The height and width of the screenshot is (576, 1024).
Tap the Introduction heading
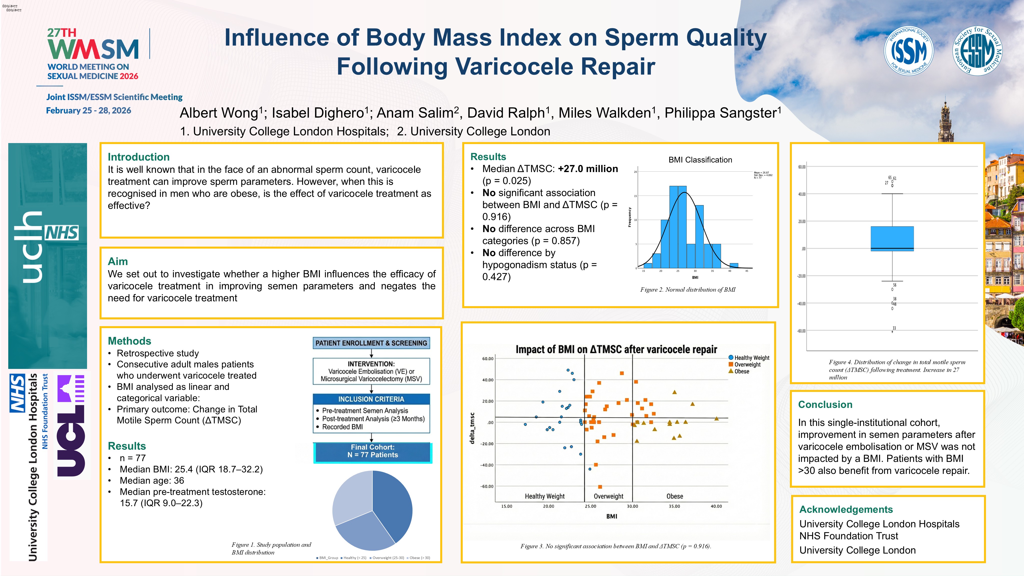[138, 157]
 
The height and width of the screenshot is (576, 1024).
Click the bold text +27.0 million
[588, 169]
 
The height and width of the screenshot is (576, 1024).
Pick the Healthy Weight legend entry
[751, 358]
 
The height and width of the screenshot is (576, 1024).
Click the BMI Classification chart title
[700, 160]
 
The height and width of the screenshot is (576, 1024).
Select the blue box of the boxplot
[892, 239]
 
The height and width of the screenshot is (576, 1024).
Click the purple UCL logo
[71, 426]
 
